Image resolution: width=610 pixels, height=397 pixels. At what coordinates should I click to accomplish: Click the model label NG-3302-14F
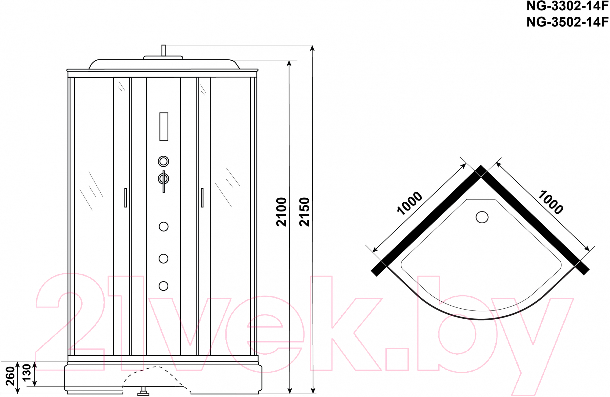567,6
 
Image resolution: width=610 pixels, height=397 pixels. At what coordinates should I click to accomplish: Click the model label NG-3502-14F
567,22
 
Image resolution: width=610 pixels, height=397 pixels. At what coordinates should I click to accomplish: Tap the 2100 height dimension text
281,212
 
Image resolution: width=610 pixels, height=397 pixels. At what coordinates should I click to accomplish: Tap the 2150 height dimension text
304,212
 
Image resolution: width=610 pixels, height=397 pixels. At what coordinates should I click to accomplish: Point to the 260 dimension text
10,376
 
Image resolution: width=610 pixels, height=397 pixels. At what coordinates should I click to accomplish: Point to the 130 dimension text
27,372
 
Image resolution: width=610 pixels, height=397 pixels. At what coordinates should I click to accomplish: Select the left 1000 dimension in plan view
410,203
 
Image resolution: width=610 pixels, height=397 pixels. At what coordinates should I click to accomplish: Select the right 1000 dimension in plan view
550,202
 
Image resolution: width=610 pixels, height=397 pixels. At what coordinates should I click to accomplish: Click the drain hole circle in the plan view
482,217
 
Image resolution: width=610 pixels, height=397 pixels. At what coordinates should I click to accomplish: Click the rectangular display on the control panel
164,127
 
